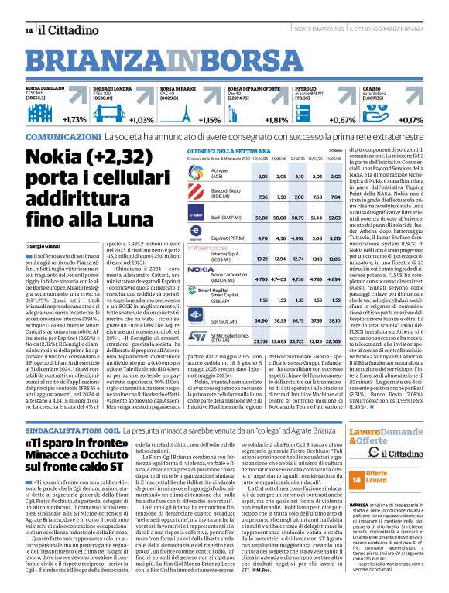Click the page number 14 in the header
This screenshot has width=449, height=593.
click(29, 30)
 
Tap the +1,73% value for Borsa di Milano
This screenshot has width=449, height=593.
click(74, 121)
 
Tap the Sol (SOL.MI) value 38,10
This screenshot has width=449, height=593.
click(335, 320)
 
